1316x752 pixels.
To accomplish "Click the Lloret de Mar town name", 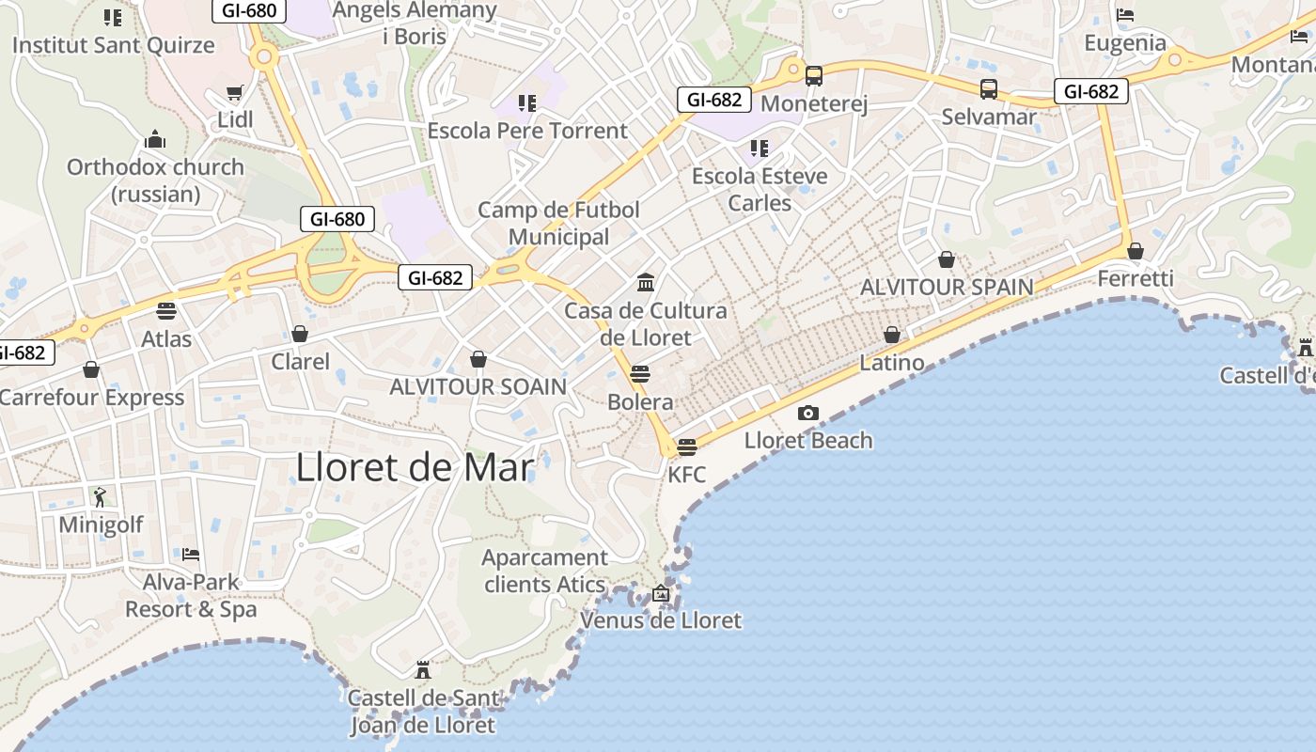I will click(415, 467).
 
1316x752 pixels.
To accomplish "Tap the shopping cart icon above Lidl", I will click(235, 93).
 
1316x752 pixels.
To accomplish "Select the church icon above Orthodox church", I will click(155, 140).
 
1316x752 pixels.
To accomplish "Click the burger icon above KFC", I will click(687, 446).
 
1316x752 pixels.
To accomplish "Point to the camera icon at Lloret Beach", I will click(807, 413).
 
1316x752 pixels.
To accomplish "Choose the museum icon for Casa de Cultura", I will click(646, 282).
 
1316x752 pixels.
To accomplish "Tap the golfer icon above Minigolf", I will click(101, 496).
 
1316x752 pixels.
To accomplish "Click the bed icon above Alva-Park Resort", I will click(191, 554).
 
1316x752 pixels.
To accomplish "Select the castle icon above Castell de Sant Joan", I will click(423, 670).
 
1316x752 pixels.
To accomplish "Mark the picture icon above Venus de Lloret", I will click(661, 593).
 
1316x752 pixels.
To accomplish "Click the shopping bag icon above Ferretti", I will click(1136, 251).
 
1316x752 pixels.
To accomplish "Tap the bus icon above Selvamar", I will click(989, 89).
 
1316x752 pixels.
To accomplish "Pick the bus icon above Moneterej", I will click(814, 76).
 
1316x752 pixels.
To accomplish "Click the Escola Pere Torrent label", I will click(527, 131).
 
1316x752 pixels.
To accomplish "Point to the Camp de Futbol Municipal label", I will click(558, 223).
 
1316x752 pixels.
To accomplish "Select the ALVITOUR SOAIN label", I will click(478, 386).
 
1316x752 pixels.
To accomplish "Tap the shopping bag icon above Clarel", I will click(300, 334).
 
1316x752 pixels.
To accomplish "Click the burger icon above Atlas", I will click(166, 311).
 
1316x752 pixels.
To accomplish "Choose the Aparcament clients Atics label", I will click(544, 571).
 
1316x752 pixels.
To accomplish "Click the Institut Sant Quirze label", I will click(114, 44).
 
